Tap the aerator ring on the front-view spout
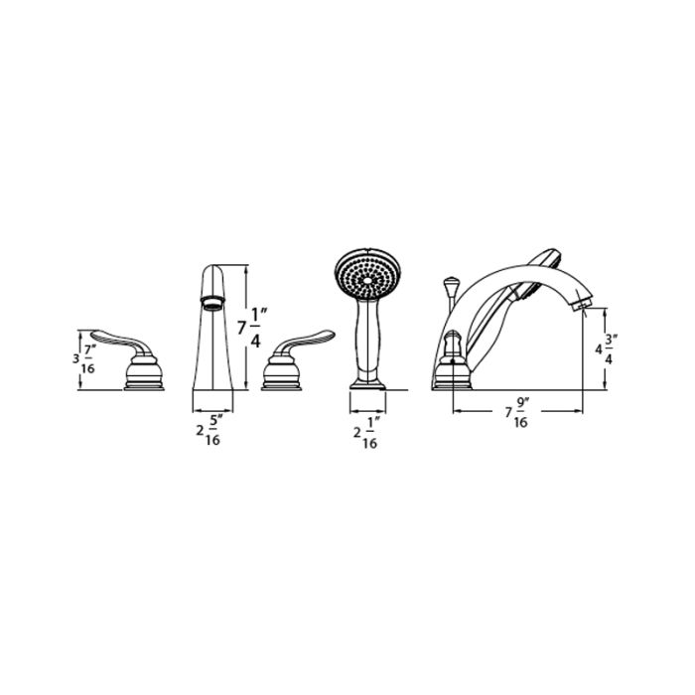point(210,302)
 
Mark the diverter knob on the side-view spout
point(447,289)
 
